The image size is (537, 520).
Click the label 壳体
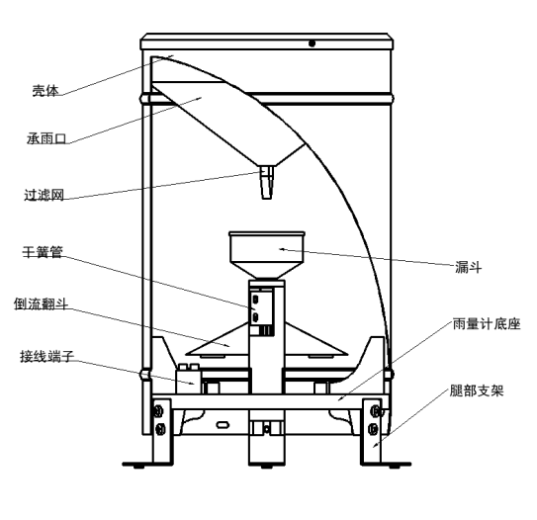(x=45, y=90)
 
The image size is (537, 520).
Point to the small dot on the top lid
(x=312, y=43)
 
